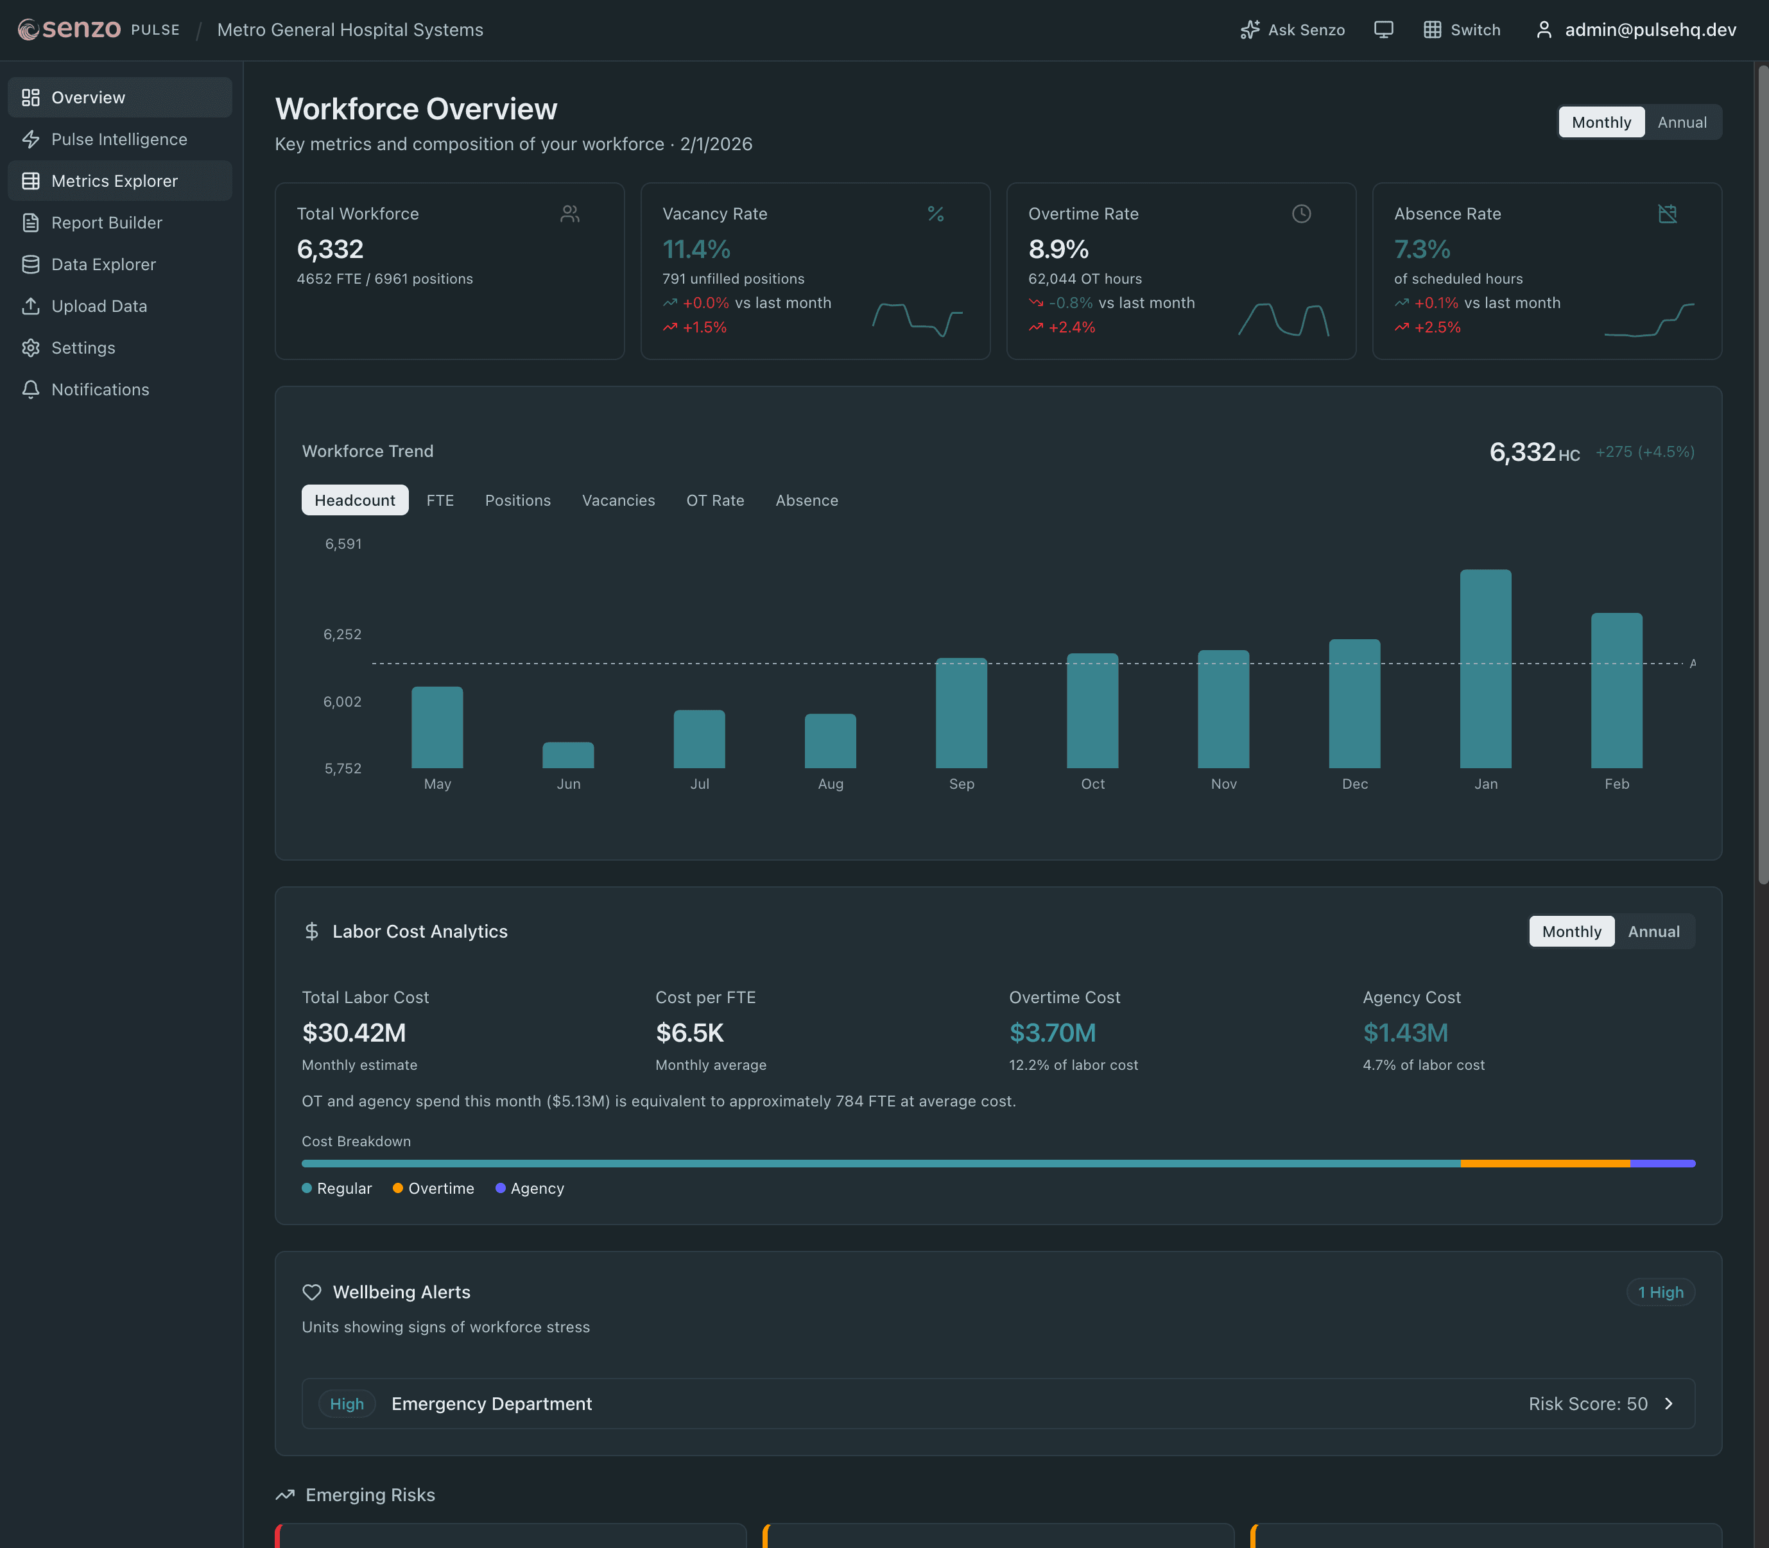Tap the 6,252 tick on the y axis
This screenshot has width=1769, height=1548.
[x=343, y=634]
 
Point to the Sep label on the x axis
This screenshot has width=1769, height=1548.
[x=962, y=784]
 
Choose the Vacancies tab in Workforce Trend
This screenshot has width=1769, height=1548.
[x=619, y=500]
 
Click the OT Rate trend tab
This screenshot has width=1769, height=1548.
[x=715, y=500]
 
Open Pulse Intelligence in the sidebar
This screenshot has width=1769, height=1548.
[x=119, y=139]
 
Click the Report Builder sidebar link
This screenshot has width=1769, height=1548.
[x=107, y=223]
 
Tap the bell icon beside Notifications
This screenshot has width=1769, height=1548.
[x=31, y=390]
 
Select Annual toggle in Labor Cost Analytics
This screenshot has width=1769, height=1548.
[x=1653, y=931]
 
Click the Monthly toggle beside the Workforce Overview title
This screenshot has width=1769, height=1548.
[x=1601, y=122]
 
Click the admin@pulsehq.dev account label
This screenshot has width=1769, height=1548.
[x=1650, y=30]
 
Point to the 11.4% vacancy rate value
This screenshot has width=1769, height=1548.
[x=696, y=250]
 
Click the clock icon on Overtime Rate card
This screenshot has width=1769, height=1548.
[x=1301, y=213]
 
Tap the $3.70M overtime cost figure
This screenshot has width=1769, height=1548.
[x=1052, y=1032]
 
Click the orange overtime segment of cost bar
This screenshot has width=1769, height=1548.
[x=1544, y=1164]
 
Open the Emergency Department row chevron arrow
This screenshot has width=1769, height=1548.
[x=1669, y=1404]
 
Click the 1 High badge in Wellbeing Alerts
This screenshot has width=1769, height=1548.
[x=1660, y=1293]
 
